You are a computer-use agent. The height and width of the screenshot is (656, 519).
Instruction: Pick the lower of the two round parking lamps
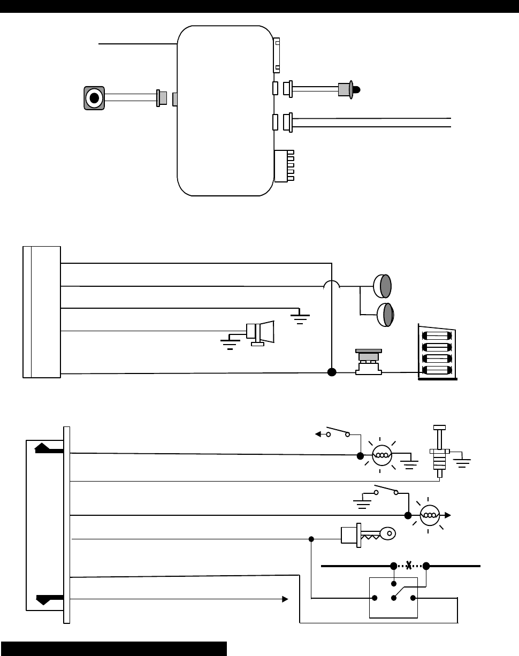385,314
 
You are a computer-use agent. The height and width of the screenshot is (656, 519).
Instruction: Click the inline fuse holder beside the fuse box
368,362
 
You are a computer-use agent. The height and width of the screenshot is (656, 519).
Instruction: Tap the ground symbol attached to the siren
231,342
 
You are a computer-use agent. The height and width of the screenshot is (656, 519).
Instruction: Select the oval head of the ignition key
388,532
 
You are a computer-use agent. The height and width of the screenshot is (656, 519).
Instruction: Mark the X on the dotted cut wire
409,566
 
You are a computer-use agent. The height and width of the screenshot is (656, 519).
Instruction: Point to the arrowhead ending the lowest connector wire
285,599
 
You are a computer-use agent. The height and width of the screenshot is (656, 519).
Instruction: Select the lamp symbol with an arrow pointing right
429,515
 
